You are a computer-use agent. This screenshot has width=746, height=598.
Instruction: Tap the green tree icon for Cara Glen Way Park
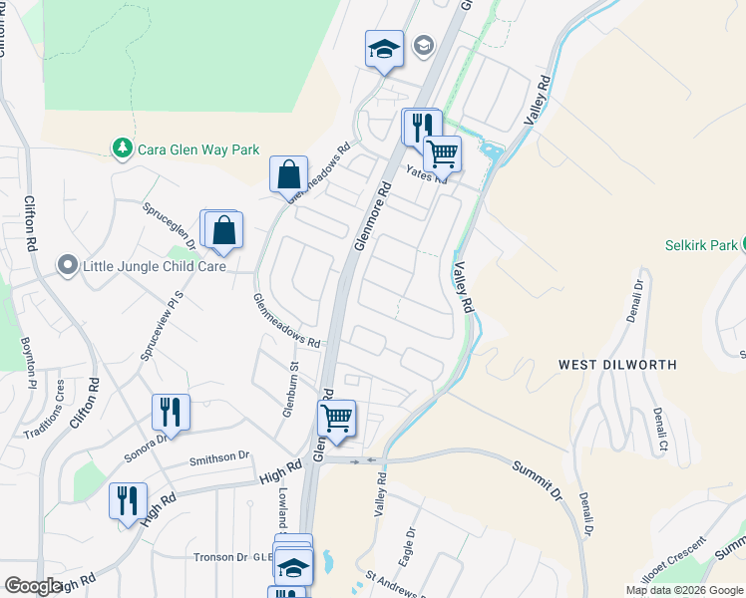point(123,149)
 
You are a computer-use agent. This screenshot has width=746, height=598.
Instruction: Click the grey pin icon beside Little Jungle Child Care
point(68,265)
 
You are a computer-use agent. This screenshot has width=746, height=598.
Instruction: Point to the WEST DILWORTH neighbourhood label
point(617,365)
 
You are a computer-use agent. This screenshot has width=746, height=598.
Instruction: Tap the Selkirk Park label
point(701,245)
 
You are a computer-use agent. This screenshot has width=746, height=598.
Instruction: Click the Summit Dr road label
point(538,479)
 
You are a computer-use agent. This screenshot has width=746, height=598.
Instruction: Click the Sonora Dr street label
point(146,439)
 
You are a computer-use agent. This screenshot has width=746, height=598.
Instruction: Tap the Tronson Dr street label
point(220,557)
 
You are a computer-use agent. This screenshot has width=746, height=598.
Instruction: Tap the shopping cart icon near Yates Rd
point(442,153)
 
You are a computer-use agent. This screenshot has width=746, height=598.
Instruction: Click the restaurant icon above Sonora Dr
point(171,411)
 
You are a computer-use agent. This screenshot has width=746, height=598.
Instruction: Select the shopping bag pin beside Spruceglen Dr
point(225,230)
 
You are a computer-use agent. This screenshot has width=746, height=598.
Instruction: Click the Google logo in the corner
point(33,586)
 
